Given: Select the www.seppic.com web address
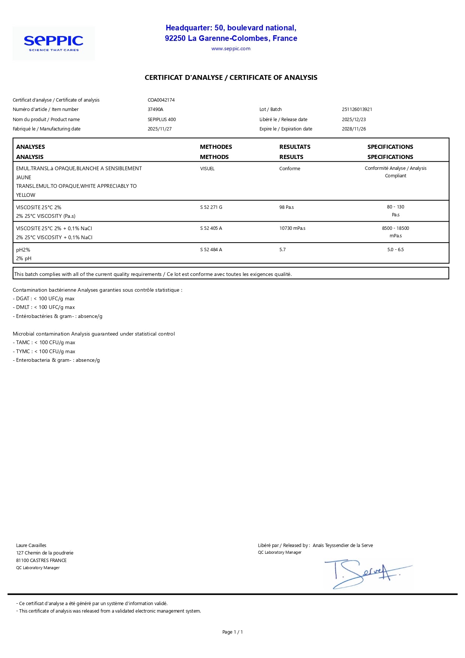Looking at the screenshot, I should [x=231, y=49].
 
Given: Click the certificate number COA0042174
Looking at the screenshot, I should [x=161, y=100].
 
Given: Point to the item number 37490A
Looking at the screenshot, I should [x=155, y=109].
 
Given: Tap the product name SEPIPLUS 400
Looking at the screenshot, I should [x=162, y=120].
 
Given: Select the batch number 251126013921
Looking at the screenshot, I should [x=357, y=109].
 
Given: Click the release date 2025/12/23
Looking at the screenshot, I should [x=354, y=120].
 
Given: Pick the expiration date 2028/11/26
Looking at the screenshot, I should [x=354, y=129].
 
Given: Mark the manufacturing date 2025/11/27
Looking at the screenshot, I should [x=159, y=129].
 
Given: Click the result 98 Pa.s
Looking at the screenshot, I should [x=286, y=207].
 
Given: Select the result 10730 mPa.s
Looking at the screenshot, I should [x=292, y=228].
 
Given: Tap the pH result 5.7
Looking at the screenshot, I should [x=282, y=250].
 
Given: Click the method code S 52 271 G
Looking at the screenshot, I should [x=211, y=207].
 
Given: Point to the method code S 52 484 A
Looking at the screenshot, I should [x=211, y=250].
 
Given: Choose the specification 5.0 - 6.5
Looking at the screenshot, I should [x=395, y=250].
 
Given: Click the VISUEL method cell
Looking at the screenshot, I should [x=207, y=169].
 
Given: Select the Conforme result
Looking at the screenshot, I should [x=289, y=169].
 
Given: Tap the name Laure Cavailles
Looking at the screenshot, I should [x=31, y=546].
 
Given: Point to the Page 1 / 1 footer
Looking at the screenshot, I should [x=232, y=632].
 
